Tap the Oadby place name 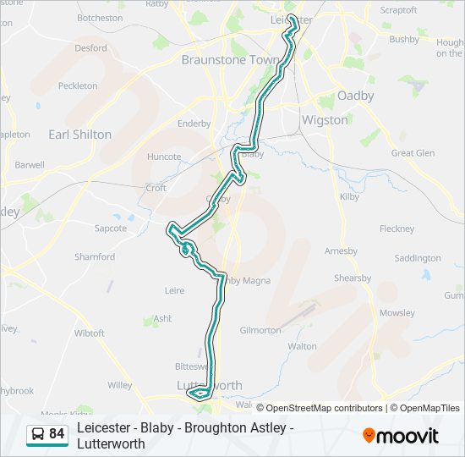pyautogui.click(x=355, y=96)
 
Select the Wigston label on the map pyautogui.click(x=325, y=119)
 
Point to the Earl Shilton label pyautogui.click(x=79, y=134)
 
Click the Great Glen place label pyautogui.click(x=413, y=153)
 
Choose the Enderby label pyautogui.click(x=194, y=124)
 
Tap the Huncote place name pyautogui.click(x=164, y=157)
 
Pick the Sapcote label pyautogui.click(x=110, y=228)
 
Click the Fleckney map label pyautogui.click(x=397, y=228)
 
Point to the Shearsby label pyautogui.click(x=352, y=278)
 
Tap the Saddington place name pyautogui.click(x=417, y=258)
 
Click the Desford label pyautogui.click(x=90, y=48)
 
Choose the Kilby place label pyautogui.click(x=349, y=195)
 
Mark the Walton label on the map pyautogui.click(x=302, y=346)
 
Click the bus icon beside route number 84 pyautogui.click(x=38, y=434)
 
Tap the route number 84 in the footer pyautogui.click(x=57, y=434)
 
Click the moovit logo pyautogui.click(x=401, y=436)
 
